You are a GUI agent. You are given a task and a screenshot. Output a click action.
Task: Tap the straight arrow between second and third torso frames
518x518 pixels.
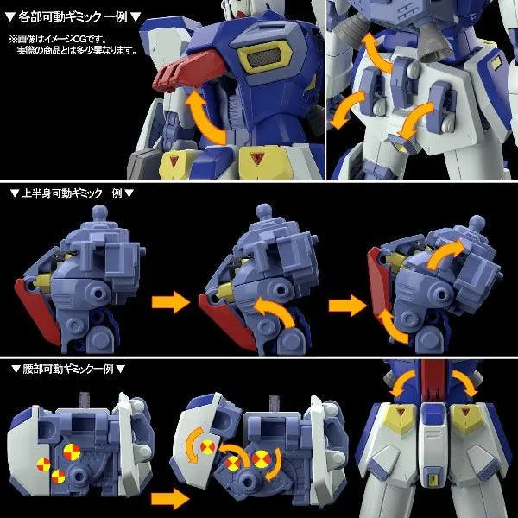point(343,303)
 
